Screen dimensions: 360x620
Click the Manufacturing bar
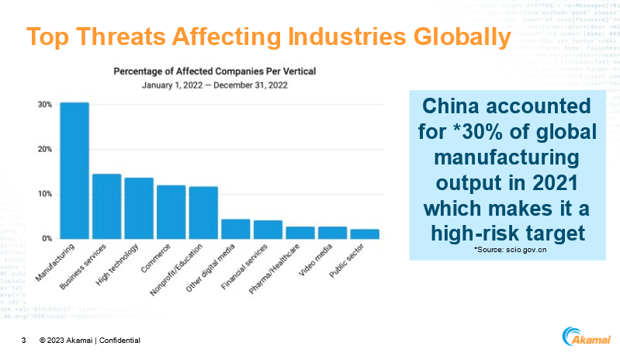(74, 171)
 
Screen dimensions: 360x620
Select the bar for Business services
(106, 206)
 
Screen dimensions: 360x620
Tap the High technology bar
(139, 208)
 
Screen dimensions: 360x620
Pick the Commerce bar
(171, 212)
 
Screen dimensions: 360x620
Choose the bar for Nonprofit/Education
(203, 213)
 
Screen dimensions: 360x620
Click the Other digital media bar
(235, 229)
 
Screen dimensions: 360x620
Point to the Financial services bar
(268, 230)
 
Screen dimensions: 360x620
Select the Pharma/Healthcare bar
(300, 233)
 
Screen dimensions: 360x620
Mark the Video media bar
(332, 233)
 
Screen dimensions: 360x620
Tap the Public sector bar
(364, 234)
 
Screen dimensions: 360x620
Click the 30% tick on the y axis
(45, 105)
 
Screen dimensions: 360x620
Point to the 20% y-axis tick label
(45, 149)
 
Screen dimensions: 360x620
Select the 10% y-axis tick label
(45, 194)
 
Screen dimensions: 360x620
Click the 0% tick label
(47, 238)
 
